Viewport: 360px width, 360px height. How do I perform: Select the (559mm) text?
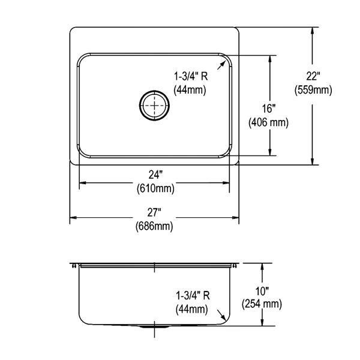click(x=313, y=90)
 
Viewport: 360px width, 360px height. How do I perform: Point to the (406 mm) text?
click(x=268, y=122)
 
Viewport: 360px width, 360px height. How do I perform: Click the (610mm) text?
click(x=155, y=189)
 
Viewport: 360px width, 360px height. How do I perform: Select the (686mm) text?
click(x=154, y=226)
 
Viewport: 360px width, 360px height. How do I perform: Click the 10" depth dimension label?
click(x=262, y=292)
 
